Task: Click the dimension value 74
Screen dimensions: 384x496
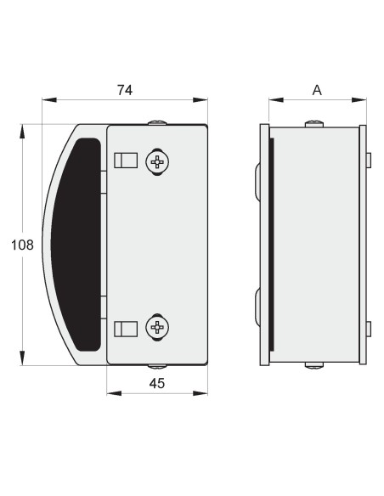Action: tap(125, 90)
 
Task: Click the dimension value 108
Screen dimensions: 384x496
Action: tap(22, 245)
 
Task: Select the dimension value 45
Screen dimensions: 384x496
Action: tap(157, 383)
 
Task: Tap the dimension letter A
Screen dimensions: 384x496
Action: tap(317, 90)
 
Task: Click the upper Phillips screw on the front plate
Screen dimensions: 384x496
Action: tap(157, 162)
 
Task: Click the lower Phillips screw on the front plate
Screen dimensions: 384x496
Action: tap(157, 327)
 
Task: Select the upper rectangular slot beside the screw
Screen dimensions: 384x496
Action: tap(126, 161)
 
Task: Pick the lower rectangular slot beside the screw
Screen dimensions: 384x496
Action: tap(126, 329)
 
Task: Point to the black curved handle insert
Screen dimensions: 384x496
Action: tap(76, 245)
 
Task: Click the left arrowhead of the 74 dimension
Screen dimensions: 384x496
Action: tap(49, 100)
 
